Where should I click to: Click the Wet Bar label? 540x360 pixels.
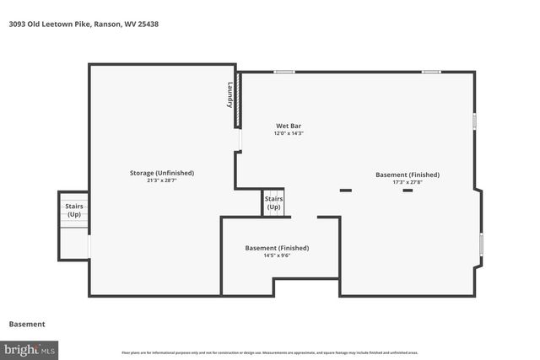pyautogui.click(x=288, y=126)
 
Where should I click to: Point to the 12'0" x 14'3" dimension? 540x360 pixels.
pyautogui.click(x=288, y=133)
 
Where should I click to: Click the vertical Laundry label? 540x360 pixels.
pyautogui.click(x=229, y=94)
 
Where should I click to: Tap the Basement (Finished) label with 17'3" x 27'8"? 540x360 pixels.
pyautogui.click(x=408, y=175)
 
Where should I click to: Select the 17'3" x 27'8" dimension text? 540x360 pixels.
pyautogui.click(x=408, y=181)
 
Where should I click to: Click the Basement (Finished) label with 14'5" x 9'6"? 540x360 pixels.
pyautogui.click(x=277, y=248)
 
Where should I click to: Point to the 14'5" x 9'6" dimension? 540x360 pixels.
pyautogui.click(x=277, y=255)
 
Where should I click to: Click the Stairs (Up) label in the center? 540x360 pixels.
pyautogui.click(x=274, y=203)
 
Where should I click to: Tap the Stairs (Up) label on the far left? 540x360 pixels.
pyautogui.click(x=74, y=210)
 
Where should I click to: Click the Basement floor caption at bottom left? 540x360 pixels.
pyautogui.click(x=27, y=324)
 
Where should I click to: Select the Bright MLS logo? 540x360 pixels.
pyautogui.click(x=30, y=348)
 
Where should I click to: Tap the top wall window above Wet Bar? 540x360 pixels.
pyautogui.click(x=284, y=72)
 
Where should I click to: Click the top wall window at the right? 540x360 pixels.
pyautogui.click(x=431, y=72)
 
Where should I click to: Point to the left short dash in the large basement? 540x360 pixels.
pyautogui.click(x=345, y=191)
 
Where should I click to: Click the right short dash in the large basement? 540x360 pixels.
pyautogui.click(x=408, y=191)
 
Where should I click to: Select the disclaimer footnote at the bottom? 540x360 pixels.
pyautogui.click(x=270, y=352)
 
